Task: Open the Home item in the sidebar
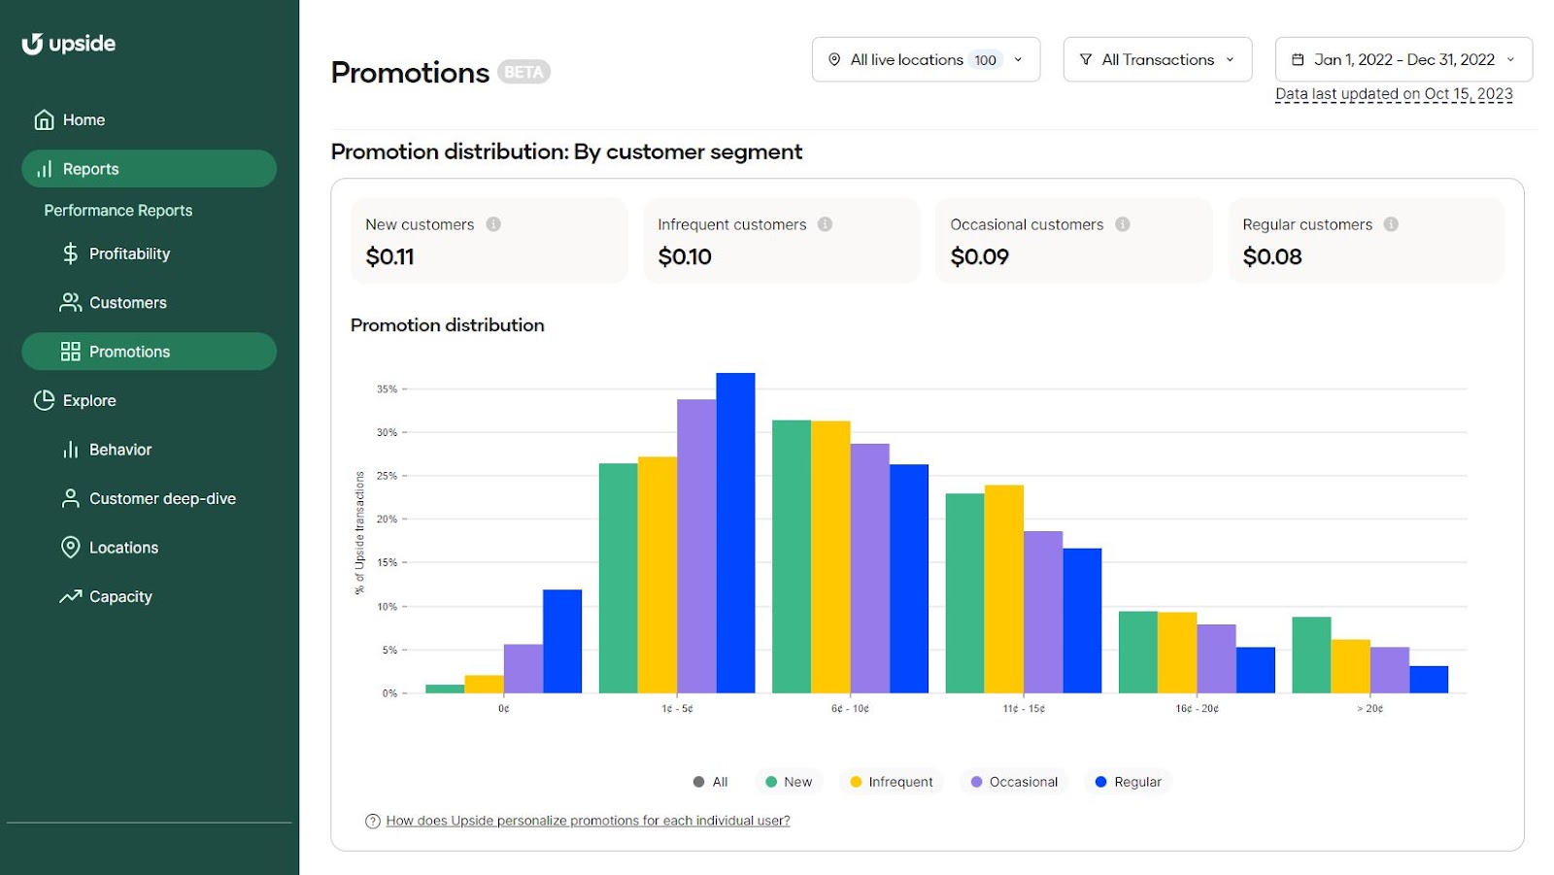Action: click(x=83, y=120)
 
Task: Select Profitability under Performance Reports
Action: click(x=128, y=253)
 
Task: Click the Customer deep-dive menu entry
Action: click(x=161, y=498)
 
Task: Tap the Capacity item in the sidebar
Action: click(x=119, y=596)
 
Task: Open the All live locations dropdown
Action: click(x=925, y=59)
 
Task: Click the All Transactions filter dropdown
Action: click(x=1156, y=59)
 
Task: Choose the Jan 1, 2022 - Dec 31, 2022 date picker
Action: click(x=1402, y=59)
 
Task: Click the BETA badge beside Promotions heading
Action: click(x=524, y=72)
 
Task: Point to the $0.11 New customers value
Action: click(x=389, y=256)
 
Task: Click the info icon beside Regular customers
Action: click(x=1391, y=224)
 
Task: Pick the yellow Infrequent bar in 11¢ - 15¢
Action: click(x=1003, y=589)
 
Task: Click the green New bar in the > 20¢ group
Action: click(x=1310, y=655)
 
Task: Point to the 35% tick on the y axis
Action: click(x=387, y=389)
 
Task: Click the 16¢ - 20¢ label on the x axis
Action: click(x=1197, y=709)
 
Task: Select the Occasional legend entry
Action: click(x=1014, y=782)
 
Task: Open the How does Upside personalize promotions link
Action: click(x=587, y=821)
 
